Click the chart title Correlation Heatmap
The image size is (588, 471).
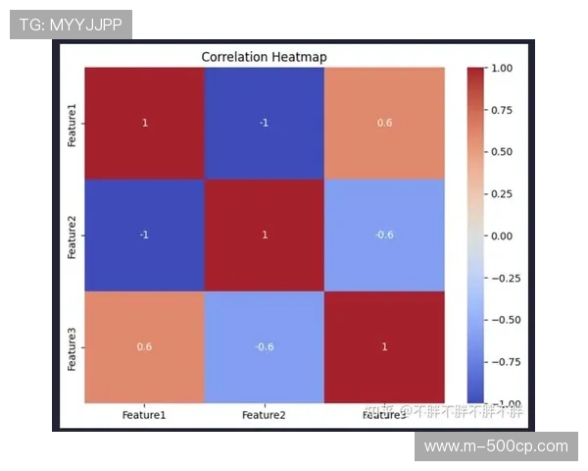[x=264, y=57]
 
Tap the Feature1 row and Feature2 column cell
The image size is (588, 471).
[x=264, y=124]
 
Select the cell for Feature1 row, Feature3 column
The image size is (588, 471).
[x=384, y=124]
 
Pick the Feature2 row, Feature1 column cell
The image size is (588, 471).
[x=144, y=235]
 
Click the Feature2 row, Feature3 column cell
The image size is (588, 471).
[x=384, y=235]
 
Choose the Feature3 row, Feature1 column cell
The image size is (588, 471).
[x=144, y=346]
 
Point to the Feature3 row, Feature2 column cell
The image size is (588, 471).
[x=264, y=346]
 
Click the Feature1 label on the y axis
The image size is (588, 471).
[x=72, y=124]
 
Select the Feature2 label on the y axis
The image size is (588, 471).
[x=72, y=235]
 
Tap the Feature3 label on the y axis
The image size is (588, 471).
[x=72, y=346]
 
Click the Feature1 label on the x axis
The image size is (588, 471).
[x=144, y=415]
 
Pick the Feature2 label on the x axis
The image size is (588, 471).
[x=264, y=415]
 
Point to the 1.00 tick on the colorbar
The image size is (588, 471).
[x=503, y=68]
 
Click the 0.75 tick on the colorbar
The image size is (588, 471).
[x=503, y=110]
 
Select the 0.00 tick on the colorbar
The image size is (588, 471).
[x=503, y=235]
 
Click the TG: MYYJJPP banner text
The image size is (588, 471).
[x=70, y=25]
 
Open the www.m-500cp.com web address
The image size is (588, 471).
[x=495, y=446]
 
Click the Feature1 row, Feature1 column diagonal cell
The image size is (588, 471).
[x=144, y=124]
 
